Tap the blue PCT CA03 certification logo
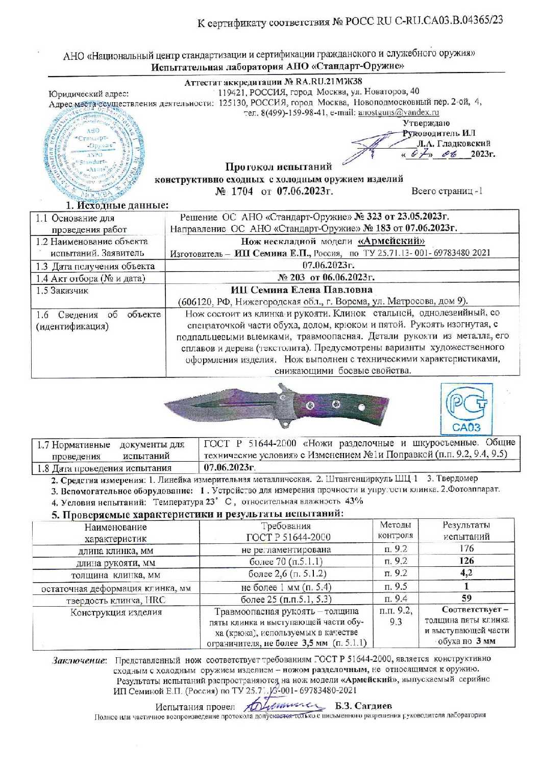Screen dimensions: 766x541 pyautogui.click(x=466, y=409)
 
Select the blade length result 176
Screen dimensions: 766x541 pyautogui.click(x=466, y=548)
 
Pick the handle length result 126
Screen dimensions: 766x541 pyautogui.click(x=466, y=561)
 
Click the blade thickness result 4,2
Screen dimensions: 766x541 pyautogui.click(x=466, y=573)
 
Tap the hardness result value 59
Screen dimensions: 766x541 pyautogui.click(x=466, y=598)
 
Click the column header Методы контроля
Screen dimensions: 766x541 pyautogui.click(x=395, y=530)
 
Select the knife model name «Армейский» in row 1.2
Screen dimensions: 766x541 pyautogui.click(x=391, y=241)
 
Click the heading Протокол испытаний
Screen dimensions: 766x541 pyautogui.click(x=279, y=166)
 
